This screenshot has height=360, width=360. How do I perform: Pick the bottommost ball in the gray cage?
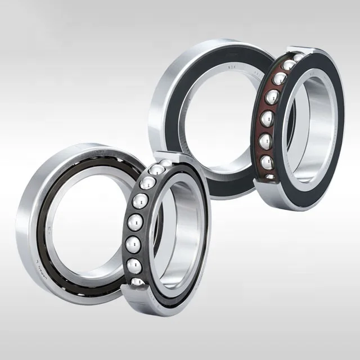coord(137,280)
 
